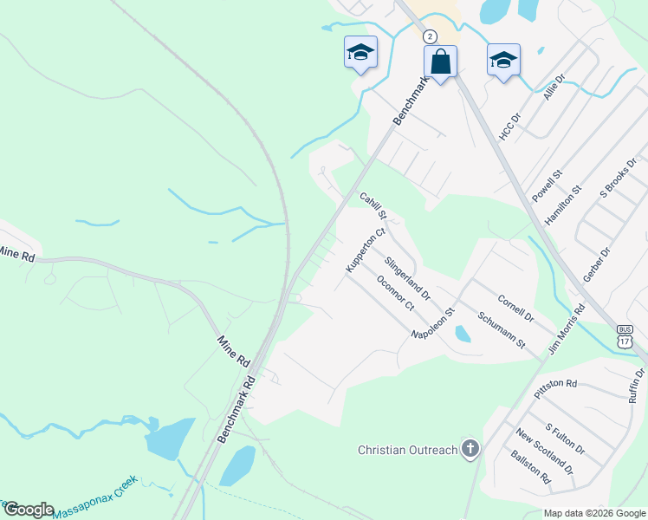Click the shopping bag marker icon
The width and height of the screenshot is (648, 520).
point(440,62)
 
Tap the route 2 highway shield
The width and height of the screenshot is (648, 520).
point(430,36)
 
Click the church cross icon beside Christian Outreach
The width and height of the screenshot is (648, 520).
point(470,448)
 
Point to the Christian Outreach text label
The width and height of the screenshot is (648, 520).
point(408,449)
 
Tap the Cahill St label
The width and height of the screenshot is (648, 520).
point(374,205)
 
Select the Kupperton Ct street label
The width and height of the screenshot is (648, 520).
point(364,250)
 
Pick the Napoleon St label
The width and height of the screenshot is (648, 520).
point(433,323)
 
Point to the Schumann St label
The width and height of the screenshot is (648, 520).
point(502,330)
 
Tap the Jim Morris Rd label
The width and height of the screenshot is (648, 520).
point(567,328)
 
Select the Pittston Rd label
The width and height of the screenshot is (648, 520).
point(555,387)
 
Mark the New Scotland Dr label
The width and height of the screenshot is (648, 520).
point(544,452)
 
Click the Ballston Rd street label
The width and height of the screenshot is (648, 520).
point(530,466)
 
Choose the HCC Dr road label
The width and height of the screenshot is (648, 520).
point(509,126)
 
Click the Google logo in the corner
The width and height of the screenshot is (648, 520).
point(28,509)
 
